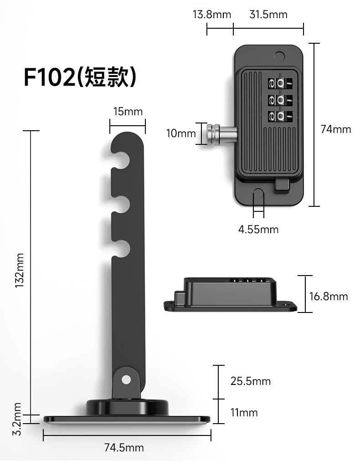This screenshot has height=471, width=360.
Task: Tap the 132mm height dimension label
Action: click(x=20, y=270)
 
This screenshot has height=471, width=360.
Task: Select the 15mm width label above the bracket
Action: click(x=128, y=112)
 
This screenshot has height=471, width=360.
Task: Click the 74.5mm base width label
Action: click(x=124, y=448)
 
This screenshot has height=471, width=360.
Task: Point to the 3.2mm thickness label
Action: click(x=18, y=419)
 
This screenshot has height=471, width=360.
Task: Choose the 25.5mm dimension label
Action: click(x=251, y=381)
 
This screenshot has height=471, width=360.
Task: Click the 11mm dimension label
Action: click(x=244, y=412)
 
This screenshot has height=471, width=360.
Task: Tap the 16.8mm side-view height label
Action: click(x=329, y=297)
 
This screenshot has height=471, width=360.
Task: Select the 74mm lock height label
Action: click(x=336, y=129)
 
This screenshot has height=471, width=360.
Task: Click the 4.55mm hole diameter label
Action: click(x=258, y=230)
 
